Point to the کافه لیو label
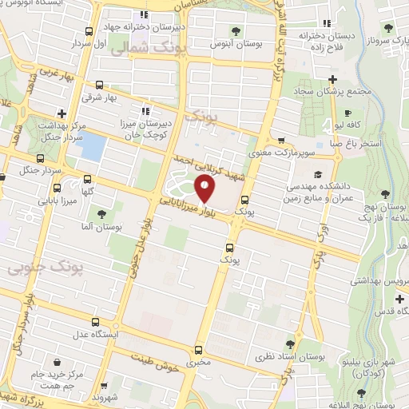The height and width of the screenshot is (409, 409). [x=350, y=126]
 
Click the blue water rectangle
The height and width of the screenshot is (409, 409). [x=94, y=146]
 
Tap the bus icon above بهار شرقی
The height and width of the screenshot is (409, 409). [x=98, y=85]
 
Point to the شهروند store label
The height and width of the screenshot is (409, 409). [x=104, y=397]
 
